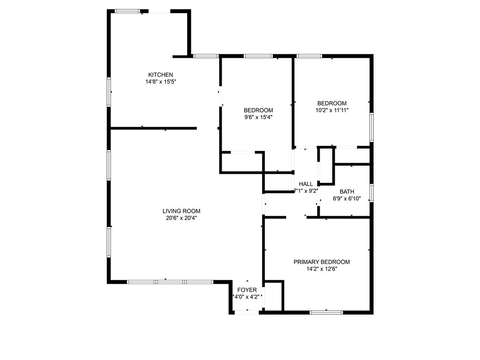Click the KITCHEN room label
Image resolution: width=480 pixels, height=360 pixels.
161,75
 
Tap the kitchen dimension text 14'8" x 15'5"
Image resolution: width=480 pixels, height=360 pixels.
161,82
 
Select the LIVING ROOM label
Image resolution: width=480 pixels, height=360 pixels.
181,211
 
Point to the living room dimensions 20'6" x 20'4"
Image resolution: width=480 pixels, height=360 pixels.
181,217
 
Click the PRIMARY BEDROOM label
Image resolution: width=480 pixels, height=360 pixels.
322,262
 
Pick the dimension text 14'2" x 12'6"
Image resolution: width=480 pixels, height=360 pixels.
322,269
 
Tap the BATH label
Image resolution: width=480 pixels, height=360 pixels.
347,191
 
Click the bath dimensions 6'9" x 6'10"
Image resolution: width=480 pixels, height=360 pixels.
347,198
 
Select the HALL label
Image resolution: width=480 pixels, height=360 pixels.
306,184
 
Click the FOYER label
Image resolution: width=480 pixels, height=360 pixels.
247,290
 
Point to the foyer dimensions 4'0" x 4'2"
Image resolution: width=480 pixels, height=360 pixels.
247,297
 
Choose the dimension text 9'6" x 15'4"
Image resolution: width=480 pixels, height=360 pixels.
258,117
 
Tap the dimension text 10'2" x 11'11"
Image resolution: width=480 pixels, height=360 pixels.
332,110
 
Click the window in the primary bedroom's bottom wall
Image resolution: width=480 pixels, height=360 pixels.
326,312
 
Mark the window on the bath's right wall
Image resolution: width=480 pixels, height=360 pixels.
372,193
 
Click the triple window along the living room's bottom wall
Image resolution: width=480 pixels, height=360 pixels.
170,282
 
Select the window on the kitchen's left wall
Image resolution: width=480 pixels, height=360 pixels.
109,92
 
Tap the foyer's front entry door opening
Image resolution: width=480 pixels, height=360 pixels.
247,312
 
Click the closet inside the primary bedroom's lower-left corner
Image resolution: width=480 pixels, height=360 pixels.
274,296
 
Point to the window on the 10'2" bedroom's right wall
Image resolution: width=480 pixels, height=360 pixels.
372,127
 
